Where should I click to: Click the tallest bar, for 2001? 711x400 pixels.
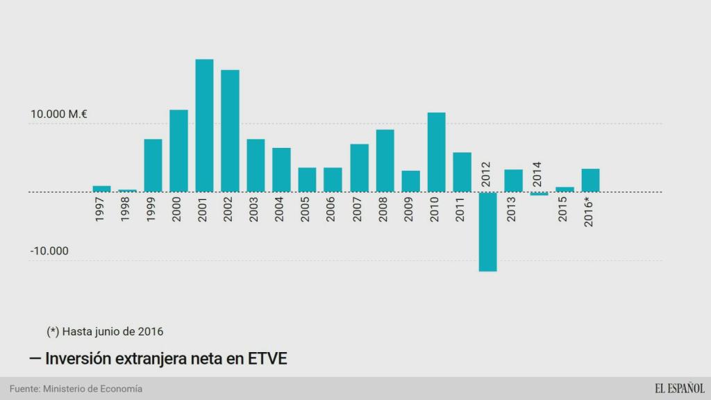tap(204, 125)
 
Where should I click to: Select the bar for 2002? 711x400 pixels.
tap(230, 131)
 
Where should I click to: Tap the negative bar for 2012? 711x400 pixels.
tap(487, 231)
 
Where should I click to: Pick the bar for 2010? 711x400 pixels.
tap(436, 151)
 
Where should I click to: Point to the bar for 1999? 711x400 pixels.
tap(153, 165)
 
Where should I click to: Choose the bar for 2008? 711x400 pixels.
tap(385, 160)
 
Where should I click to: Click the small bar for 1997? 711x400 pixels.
tap(101, 188)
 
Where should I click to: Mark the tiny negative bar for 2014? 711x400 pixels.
tap(539, 194)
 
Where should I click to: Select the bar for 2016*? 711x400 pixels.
tap(590, 180)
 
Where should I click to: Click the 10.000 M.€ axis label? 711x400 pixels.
tap(58, 115)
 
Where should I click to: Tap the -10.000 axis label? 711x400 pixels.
tap(49, 251)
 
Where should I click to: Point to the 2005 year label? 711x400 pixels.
tap(306, 209)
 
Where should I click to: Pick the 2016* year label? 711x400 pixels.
tap(589, 211)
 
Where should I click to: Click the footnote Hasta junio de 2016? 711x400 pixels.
tap(105, 331)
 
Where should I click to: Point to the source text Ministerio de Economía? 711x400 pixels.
tap(92, 389)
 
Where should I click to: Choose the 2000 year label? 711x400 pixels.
tap(177, 209)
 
